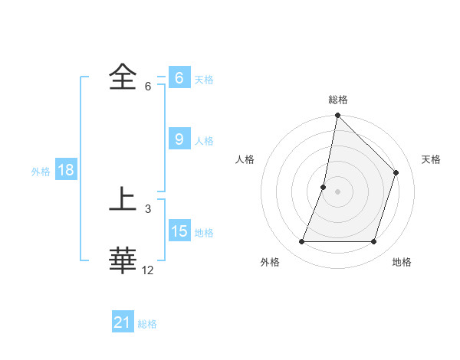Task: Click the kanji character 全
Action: pyautogui.click(x=123, y=78)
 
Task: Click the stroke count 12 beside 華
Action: pyautogui.click(x=148, y=270)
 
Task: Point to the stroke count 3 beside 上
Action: pyautogui.click(x=148, y=209)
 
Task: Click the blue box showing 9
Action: pyautogui.click(x=179, y=139)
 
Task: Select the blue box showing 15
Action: pyautogui.click(x=179, y=231)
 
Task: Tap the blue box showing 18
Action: pyautogui.click(x=65, y=170)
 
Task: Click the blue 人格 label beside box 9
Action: pyautogui.click(x=204, y=141)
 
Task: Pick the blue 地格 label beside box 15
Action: pyautogui.click(x=204, y=233)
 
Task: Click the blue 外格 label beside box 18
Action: pyautogui.click(x=41, y=172)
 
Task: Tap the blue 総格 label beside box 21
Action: pyautogui.click(x=147, y=324)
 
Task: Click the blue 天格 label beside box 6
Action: pyautogui.click(x=204, y=80)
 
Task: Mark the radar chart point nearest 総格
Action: pyautogui.click(x=337, y=116)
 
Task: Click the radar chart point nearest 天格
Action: pyautogui.click(x=396, y=172)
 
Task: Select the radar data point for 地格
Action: pyautogui.click(x=374, y=242)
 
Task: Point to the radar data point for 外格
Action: pyautogui.click(x=301, y=242)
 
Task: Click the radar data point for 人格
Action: pyautogui.click(x=324, y=187)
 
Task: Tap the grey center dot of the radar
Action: pyautogui.click(x=337, y=191)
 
